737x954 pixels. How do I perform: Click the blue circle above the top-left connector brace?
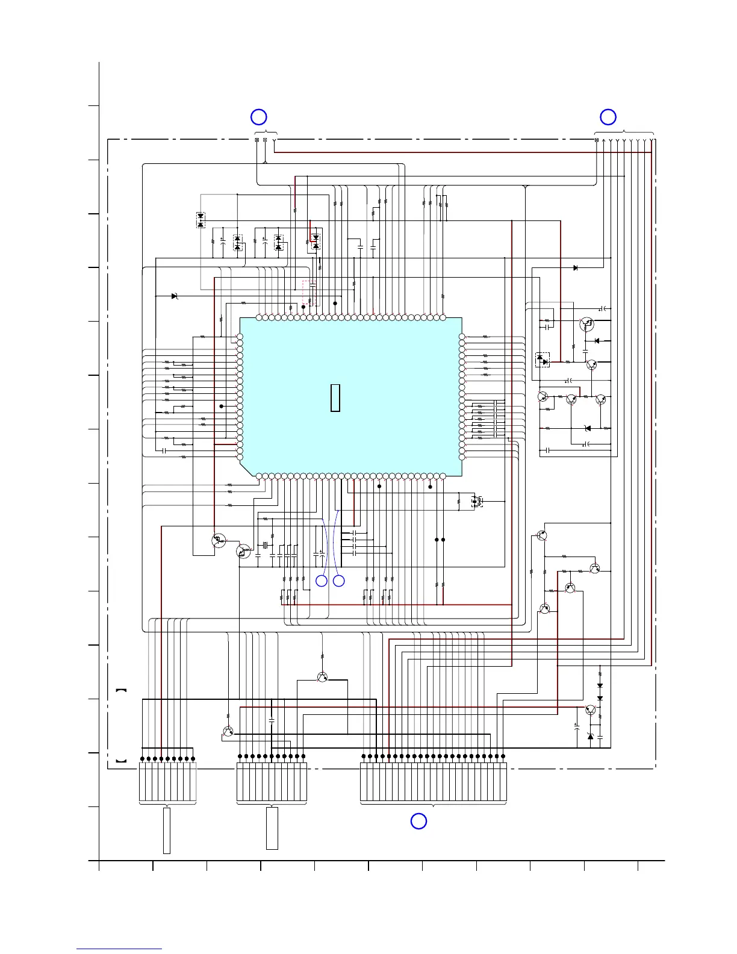click(258, 117)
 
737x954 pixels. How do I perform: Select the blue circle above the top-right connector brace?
click(608, 117)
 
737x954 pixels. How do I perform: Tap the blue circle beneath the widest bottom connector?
click(418, 821)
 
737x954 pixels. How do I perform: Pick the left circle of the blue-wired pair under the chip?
click(322, 581)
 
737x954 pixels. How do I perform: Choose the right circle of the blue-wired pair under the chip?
click(339, 581)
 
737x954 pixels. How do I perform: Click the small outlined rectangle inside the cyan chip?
click(335, 397)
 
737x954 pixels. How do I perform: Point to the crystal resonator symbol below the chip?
click(264, 546)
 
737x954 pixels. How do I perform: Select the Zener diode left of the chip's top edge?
click(175, 296)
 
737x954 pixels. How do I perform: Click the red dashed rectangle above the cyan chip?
click(308, 293)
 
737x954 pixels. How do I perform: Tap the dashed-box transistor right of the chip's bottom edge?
click(477, 500)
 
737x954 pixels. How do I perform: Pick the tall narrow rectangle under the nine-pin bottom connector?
click(167, 831)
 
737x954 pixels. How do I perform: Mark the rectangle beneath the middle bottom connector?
click(272, 828)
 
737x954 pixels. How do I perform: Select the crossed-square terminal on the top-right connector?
click(597, 140)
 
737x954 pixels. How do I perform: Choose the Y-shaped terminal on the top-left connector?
click(275, 141)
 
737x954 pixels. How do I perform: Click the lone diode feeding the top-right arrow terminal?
click(575, 267)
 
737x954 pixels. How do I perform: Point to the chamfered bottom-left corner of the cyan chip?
click(246, 469)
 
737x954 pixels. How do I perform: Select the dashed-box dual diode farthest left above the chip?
click(201, 220)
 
